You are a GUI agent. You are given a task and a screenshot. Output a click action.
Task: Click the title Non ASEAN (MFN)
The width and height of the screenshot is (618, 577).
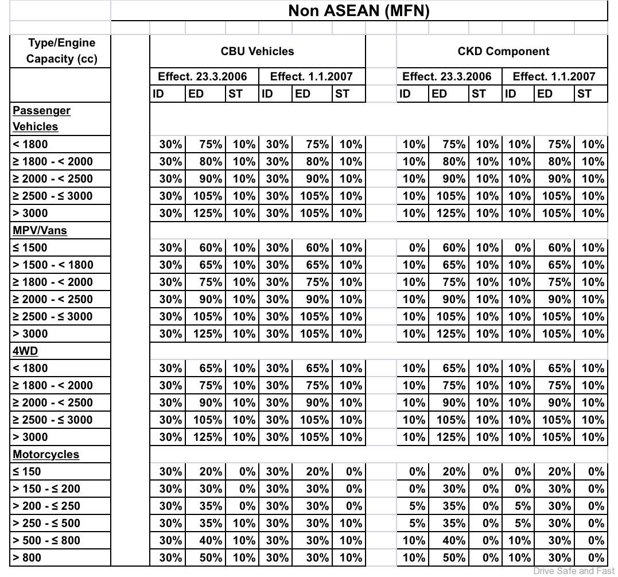(x=359, y=11)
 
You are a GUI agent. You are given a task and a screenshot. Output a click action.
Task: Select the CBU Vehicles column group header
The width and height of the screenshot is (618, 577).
(x=257, y=51)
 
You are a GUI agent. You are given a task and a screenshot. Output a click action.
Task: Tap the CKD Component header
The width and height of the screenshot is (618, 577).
(x=503, y=51)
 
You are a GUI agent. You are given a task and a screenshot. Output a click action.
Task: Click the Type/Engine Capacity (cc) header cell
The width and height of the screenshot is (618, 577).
(x=61, y=51)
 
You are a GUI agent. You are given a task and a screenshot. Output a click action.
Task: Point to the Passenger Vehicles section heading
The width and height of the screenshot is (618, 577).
(x=41, y=118)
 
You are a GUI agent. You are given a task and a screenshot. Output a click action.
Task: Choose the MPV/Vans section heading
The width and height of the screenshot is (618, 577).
(x=40, y=230)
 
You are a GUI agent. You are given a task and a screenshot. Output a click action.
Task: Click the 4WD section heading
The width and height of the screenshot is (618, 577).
(x=25, y=351)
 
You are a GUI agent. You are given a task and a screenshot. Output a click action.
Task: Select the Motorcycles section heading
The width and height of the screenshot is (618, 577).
(x=46, y=454)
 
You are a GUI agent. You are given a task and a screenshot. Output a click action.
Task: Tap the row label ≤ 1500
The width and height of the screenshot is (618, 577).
(x=30, y=247)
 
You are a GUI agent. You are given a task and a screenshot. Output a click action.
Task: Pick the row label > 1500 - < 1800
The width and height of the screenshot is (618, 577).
(x=53, y=265)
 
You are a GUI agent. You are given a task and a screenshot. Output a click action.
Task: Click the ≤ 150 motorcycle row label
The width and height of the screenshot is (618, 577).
(x=27, y=471)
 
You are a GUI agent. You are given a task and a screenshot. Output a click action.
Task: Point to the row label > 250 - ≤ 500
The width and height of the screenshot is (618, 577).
(x=46, y=523)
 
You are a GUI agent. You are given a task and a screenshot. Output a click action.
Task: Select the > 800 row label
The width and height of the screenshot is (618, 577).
(x=27, y=557)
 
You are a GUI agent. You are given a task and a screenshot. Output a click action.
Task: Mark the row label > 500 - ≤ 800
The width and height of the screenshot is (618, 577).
(x=46, y=540)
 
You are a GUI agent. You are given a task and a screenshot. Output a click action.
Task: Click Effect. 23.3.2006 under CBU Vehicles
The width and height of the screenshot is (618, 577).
(x=203, y=76)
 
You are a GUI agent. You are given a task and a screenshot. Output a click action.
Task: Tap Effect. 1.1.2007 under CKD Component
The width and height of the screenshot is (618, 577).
(x=554, y=76)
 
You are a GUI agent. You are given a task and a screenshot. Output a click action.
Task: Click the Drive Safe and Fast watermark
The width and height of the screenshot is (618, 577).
(x=574, y=571)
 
